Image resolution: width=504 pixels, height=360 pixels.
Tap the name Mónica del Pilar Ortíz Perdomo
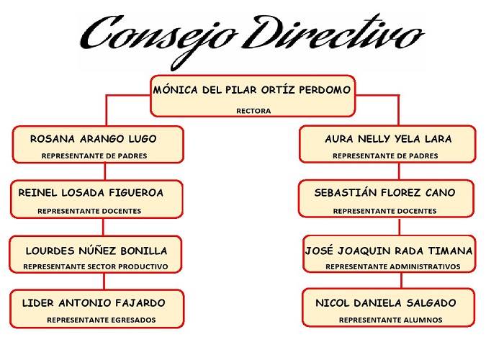coord(252,90)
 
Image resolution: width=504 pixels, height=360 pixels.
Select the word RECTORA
coord(253,112)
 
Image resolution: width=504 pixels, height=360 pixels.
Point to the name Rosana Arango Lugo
coord(94,139)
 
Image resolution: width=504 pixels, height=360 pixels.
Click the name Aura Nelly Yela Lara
coord(389,139)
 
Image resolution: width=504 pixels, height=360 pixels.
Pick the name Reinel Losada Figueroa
coord(91,193)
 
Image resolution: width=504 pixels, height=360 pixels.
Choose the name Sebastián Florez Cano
coord(384,193)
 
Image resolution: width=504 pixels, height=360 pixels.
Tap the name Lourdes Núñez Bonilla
coord(96,251)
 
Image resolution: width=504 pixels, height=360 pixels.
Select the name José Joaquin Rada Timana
coord(390,251)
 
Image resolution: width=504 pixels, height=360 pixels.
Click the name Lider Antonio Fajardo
coord(94,302)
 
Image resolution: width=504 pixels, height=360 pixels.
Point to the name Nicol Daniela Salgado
coord(386,302)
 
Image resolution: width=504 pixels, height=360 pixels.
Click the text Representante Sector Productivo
coord(95,267)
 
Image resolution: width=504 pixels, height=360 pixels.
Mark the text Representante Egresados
coord(102,320)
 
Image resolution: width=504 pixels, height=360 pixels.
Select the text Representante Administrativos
coord(392,267)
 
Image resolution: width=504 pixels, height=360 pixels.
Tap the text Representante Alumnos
coord(391,320)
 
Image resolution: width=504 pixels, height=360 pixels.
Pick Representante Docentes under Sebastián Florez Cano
coord(384,211)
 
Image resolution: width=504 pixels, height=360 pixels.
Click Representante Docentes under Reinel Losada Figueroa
coord(89,211)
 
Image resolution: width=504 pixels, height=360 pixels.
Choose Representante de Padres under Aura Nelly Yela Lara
coord(385,156)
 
